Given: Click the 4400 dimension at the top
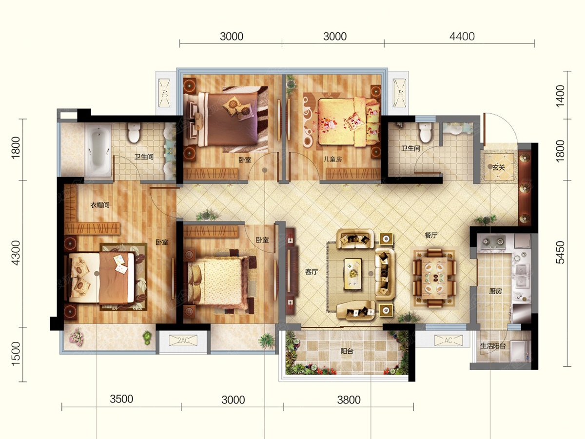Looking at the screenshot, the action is tap(462, 37).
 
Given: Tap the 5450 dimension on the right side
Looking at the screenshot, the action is tap(560, 252).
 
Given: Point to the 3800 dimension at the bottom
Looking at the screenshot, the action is tap(349, 400).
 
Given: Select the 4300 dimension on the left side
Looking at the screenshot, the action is tap(16, 253).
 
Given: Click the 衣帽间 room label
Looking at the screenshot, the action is tap(99, 205).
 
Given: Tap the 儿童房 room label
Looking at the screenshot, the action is tap(332, 159).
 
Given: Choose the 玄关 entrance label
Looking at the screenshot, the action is tap(498, 167).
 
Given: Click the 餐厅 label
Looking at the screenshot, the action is tap(430, 235).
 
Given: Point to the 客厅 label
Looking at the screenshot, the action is tap(312, 272).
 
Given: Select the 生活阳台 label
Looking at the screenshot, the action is tap(493, 346).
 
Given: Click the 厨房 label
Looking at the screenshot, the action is tap(495, 291).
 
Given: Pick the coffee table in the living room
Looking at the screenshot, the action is tap(353, 274).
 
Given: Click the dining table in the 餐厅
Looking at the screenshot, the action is tap(434, 278).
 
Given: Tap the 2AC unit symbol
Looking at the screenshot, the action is tap(183, 340).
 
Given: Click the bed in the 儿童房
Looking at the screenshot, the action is tap(349, 122).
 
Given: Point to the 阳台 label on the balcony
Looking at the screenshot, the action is tap(347, 351).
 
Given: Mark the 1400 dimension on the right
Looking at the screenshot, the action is tap(560, 96).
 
